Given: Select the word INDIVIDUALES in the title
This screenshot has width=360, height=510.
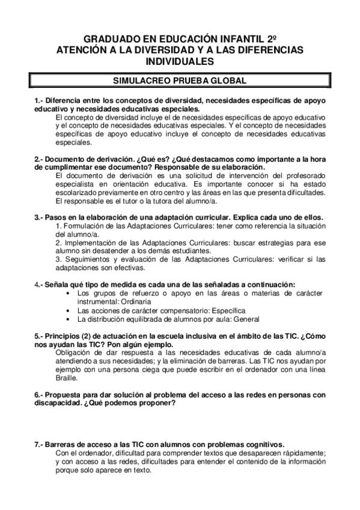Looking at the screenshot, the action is tap(180, 61).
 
